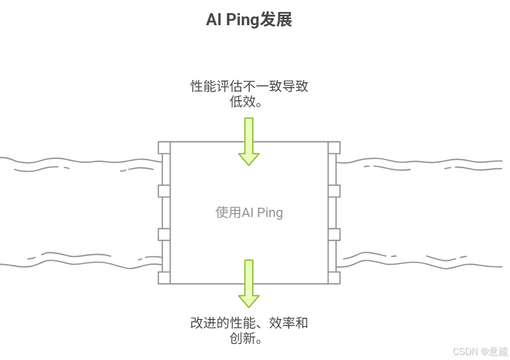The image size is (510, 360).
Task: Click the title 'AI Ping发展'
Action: pos(249,20)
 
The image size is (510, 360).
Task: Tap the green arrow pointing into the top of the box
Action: pos(248,141)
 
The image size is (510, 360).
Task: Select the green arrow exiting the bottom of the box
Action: pos(248,283)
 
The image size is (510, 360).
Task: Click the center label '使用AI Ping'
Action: pos(249,213)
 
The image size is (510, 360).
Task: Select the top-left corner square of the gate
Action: pos(164,147)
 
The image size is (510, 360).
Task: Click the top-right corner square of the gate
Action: pos(334,147)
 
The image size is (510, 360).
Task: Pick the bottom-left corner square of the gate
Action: pos(164,278)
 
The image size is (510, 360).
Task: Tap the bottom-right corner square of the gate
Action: pos(334,278)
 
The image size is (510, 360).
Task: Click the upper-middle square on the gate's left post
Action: pos(164,191)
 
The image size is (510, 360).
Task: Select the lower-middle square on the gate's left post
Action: pos(164,235)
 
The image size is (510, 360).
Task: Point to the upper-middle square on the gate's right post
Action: pos(334,191)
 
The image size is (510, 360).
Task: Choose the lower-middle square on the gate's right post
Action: pos(334,235)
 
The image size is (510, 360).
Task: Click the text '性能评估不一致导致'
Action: pos(249,87)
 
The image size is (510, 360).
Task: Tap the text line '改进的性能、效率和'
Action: pos(249,323)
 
